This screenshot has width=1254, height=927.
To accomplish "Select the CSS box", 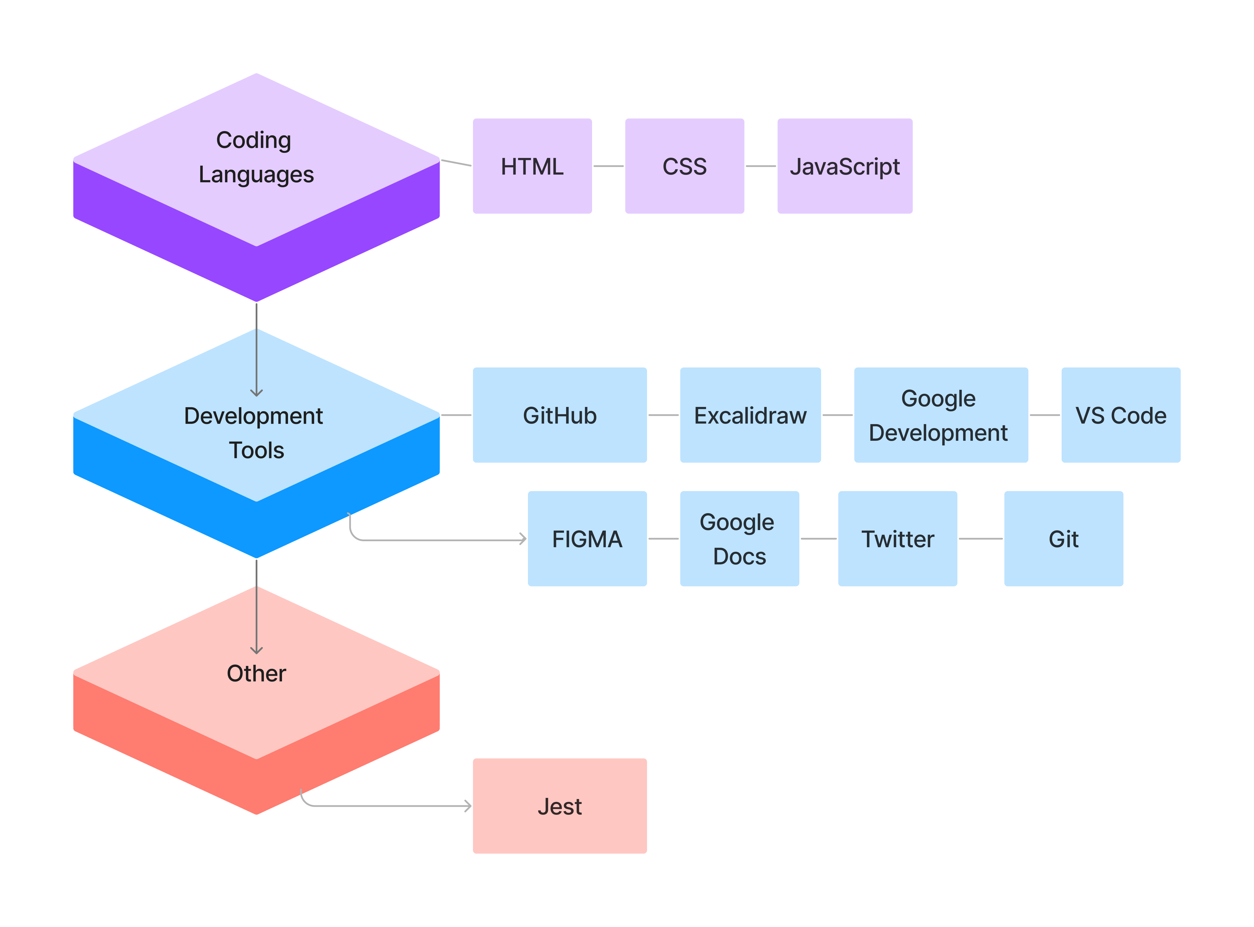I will [x=684, y=166].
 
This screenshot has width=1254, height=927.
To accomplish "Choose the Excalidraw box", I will [x=750, y=415].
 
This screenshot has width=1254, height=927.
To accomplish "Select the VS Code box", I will [x=1120, y=415].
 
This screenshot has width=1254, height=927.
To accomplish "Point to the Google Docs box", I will [x=739, y=539].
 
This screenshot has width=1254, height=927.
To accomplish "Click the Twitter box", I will [x=897, y=539].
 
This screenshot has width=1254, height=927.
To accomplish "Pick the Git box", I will [x=1063, y=539].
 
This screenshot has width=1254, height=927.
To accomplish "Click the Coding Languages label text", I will [x=256, y=157].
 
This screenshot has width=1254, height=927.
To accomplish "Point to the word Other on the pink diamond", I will [x=256, y=673].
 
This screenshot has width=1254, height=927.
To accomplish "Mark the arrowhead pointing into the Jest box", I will [x=468, y=806].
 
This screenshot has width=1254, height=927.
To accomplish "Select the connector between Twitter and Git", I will [x=980, y=539].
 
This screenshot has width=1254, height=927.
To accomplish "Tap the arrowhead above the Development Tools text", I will [x=257, y=393].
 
